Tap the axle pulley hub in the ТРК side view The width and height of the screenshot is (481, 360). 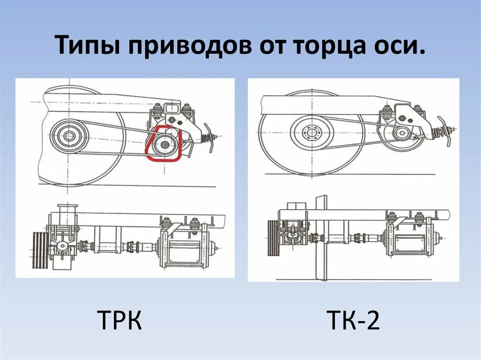69,136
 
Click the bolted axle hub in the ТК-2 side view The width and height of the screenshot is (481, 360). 311,132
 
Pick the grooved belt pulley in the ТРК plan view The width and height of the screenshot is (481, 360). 41,244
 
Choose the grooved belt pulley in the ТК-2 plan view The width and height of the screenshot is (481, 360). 272,239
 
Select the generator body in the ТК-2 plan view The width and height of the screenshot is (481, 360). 408,239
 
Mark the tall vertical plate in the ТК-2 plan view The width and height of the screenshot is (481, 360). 321,237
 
